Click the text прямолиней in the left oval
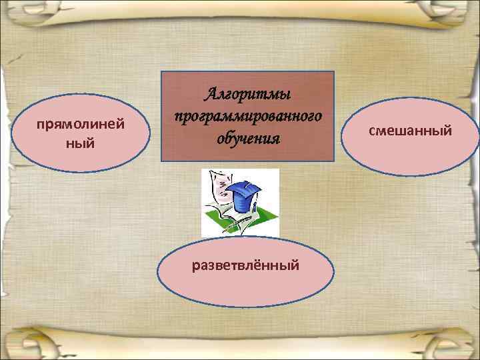(x=81, y=125)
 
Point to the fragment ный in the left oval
(x=81, y=143)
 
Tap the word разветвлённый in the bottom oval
(x=245, y=265)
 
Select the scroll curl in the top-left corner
(x=27, y=17)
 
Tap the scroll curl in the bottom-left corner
(x=27, y=340)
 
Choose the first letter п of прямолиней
(x=41, y=125)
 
